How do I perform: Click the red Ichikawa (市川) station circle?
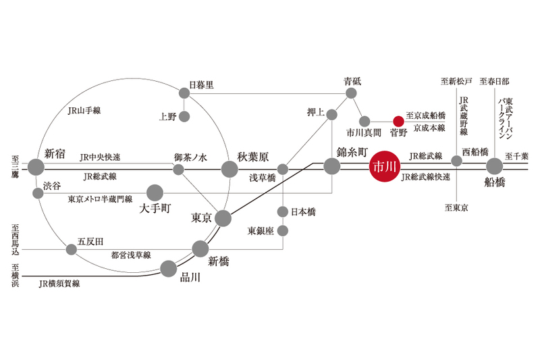click(383, 166)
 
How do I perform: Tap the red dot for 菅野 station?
click(398, 122)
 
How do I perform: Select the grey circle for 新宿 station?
click(36, 166)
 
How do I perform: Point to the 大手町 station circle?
click(155, 192)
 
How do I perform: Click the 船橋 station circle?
click(495, 166)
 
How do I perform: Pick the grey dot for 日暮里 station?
click(184, 93)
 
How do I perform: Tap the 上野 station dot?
click(184, 116)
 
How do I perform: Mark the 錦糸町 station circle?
click(331, 166)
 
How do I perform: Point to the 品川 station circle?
click(169, 271)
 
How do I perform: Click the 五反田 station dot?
click(71, 249)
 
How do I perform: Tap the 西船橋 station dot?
click(457, 161)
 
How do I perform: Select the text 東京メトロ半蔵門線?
click(100, 200)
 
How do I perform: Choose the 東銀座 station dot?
click(283, 231)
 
